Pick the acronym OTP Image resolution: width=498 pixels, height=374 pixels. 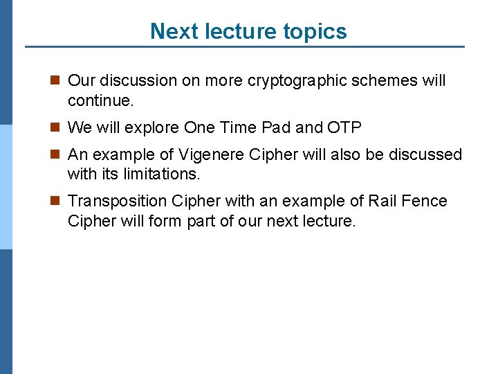click(x=344, y=128)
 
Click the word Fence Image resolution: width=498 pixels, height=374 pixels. click(x=425, y=202)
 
